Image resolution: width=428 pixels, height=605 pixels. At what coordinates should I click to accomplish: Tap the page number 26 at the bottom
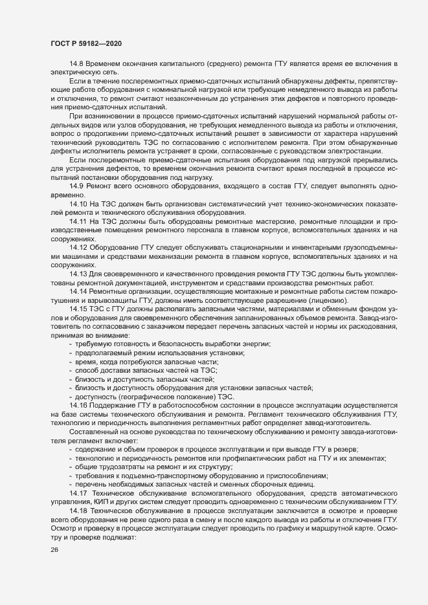50,551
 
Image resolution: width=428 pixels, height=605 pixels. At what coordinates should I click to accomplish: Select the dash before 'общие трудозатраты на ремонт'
70,466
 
